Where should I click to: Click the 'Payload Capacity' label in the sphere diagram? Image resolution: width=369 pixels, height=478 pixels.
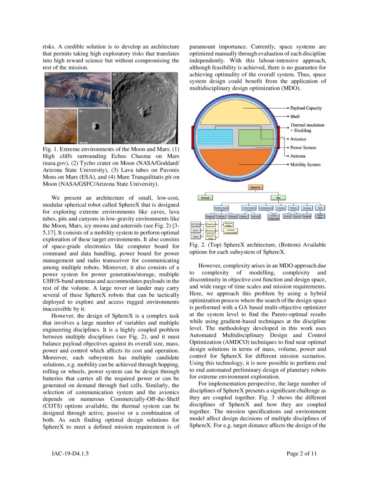click(x=306, y=108)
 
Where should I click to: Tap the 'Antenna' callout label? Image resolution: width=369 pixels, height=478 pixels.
click(x=297, y=156)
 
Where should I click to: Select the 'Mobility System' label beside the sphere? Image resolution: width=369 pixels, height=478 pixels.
click(x=305, y=165)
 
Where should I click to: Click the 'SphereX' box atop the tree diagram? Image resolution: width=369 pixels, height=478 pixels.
click(x=255, y=188)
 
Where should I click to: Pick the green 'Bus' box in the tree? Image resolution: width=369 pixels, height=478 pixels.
click(x=278, y=197)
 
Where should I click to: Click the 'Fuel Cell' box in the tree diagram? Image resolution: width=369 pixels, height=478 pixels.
click(x=255, y=216)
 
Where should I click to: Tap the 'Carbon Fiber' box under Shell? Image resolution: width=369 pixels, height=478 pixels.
click(x=320, y=216)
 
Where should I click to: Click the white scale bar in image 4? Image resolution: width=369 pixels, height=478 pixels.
click(x=84, y=142)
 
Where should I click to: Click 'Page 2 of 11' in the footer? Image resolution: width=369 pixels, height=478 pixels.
click(x=302, y=454)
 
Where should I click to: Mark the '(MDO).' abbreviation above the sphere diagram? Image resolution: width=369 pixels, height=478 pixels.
click(x=291, y=88)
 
